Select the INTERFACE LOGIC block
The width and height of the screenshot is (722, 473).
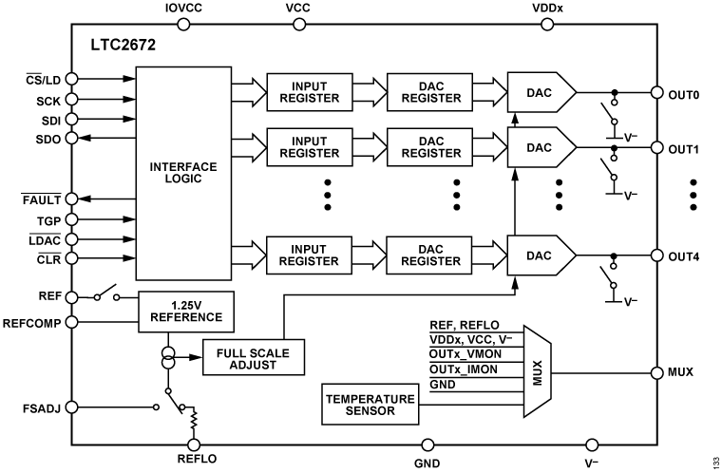pos(184,174)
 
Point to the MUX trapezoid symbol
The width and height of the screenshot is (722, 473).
pos(537,372)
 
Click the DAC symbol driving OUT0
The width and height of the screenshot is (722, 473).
pos(541,93)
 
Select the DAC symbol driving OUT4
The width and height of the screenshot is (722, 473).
pos(541,255)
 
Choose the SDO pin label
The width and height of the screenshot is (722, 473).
pos(47,139)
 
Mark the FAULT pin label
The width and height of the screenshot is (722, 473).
pos(41,199)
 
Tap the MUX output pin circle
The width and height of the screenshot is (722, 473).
pos(655,371)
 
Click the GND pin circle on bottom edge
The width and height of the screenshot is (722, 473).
pos(427,444)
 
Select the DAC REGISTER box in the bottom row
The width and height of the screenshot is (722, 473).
pos(429,255)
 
